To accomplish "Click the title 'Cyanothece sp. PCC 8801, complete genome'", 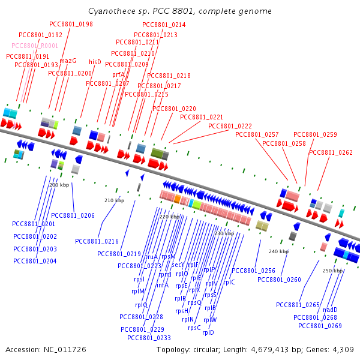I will (179, 11).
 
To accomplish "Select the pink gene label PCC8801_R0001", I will (35, 46).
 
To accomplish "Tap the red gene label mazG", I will (68, 61).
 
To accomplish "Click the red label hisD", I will (95, 62).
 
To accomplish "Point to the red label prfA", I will (118, 74).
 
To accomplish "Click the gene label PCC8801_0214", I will (164, 25).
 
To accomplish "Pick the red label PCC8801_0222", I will (230, 126).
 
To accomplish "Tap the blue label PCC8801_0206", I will (73, 215).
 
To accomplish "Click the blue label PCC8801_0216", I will (97, 241).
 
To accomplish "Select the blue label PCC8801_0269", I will (320, 326).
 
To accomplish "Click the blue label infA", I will (162, 285).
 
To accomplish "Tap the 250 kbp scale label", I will (332, 271).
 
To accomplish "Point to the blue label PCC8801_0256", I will (253, 271).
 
